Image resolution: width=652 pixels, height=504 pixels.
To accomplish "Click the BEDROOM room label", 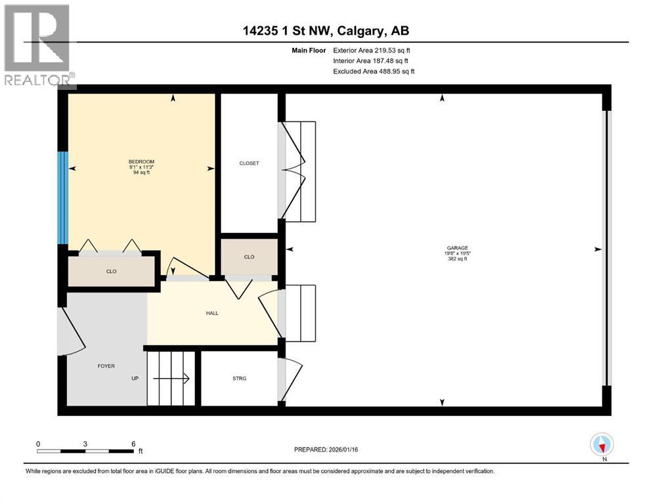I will coord(141,161).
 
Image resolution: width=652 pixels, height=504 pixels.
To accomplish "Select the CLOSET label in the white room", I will coord(249,163).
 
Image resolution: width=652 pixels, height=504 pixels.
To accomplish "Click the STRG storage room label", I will coord(239,379).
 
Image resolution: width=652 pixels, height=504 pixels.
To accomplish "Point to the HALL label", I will coord(212,313).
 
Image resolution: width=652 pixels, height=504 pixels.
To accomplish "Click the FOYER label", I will coord(106,366).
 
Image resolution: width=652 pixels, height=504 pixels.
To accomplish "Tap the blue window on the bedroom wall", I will coord(63,198).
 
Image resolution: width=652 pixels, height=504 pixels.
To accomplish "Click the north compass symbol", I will coord(602,445).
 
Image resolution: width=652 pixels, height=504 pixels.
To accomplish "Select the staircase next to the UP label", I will coord(171,379).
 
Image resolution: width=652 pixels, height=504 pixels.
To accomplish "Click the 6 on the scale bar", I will coord(133,444).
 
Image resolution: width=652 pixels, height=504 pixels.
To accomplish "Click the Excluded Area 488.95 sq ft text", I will coord(374,71).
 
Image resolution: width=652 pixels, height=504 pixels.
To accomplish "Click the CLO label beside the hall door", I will coord(249,257).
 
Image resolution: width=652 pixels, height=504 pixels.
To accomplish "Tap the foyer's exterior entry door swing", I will coord(71,331).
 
